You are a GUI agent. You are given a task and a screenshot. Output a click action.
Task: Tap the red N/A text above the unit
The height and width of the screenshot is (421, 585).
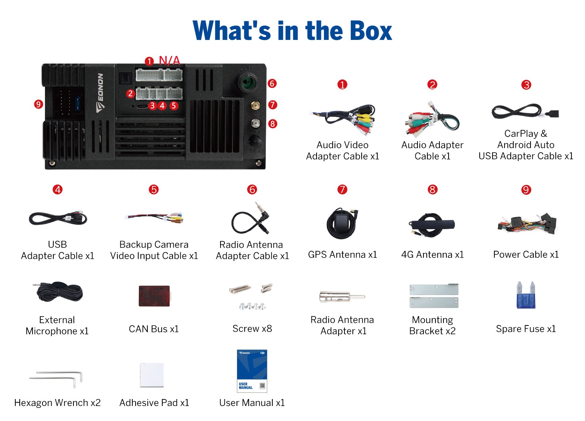[170, 61]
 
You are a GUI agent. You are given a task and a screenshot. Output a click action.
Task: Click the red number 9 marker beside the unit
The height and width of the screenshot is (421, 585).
[38, 104]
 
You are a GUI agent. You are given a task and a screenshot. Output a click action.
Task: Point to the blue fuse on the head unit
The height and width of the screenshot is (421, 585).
[78, 103]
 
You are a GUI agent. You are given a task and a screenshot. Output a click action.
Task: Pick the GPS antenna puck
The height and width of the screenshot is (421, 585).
[341, 223]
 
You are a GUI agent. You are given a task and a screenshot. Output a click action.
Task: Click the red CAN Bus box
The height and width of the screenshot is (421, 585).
[154, 296]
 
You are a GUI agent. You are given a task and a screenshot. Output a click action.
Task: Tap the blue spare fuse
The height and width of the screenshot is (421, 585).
[526, 295]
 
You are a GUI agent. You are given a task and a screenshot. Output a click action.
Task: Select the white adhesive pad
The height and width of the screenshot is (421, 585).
[152, 375]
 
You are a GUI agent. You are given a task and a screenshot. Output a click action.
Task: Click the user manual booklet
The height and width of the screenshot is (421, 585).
[252, 371]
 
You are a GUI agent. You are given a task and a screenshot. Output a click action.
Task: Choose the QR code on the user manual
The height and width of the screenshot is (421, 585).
[263, 386]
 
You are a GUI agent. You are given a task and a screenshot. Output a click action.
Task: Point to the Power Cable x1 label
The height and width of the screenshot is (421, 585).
[526, 254]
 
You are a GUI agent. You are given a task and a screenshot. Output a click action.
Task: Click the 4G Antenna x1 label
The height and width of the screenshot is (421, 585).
[433, 254]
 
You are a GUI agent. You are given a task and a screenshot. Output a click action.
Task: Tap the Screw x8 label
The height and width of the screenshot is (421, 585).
[252, 328]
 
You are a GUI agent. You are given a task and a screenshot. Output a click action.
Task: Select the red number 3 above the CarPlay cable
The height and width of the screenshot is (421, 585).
[526, 85]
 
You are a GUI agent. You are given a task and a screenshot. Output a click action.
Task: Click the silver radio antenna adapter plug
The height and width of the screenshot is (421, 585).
[342, 297]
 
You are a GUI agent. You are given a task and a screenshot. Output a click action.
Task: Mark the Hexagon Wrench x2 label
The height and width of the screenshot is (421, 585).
[57, 403]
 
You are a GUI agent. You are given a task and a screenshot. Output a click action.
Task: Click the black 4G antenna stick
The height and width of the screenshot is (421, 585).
[432, 224]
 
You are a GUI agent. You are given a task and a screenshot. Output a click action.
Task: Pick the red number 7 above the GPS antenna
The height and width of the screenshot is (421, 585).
[342, 190]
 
